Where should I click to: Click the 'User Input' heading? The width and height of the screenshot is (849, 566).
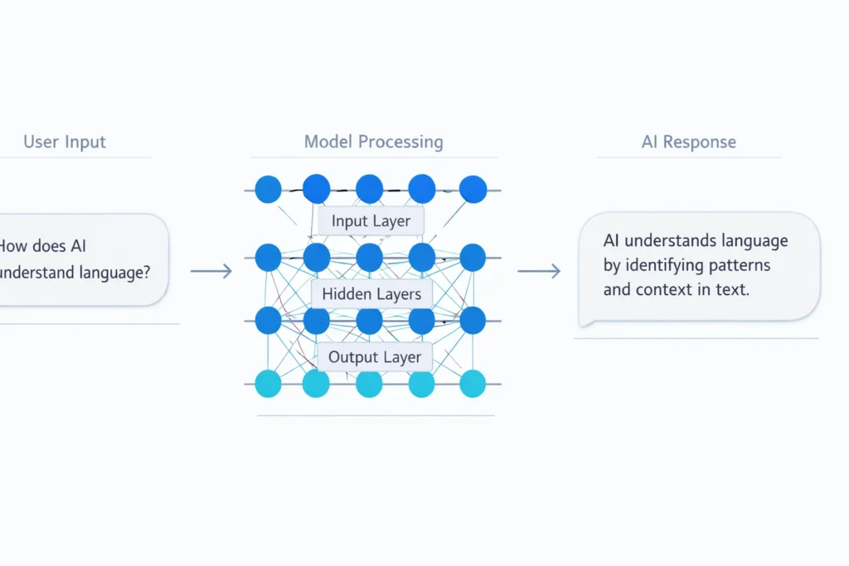(65, 142)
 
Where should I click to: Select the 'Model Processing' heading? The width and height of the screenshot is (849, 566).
(373, 142)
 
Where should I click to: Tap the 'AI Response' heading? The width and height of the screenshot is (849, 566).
(688, 142)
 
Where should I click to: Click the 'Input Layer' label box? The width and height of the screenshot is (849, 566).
(371, 221)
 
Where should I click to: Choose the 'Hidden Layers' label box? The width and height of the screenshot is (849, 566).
(371, 294)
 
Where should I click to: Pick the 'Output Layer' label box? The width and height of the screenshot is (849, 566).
(375, 358)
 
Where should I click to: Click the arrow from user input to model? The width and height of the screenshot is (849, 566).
(211, 271)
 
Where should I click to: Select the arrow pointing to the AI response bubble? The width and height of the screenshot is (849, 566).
(539, 271)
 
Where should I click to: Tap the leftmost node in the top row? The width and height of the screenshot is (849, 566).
(268, 190)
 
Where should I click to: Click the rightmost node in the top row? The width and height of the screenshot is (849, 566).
(473, 190)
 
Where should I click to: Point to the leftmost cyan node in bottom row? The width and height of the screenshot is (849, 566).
(268, 384)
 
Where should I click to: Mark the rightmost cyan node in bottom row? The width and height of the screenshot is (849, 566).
(473, 384)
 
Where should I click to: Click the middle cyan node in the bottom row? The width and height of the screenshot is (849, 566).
(369, 384)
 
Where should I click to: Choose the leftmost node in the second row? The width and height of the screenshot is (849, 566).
(268, 258)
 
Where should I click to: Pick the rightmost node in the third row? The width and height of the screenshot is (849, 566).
(473, 320)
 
